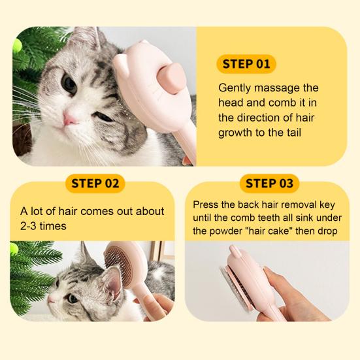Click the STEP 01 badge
pos(246,64)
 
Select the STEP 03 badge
pos(270,183)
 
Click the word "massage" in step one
pos(259,88)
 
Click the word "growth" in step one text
pos(235,133)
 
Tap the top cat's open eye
pos(69,84)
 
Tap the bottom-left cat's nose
pos(52,299)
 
